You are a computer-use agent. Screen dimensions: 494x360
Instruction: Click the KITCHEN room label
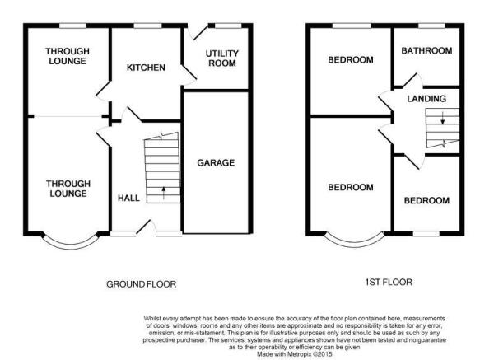146,68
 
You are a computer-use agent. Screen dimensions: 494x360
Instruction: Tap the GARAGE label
216,162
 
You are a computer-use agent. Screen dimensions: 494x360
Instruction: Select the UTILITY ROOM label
222,58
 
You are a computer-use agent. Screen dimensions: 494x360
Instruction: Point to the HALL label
128,198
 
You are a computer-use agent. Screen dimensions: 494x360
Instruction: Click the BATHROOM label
426,50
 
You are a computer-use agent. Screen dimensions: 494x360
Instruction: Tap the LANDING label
426,99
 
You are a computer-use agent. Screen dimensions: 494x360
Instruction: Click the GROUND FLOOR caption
141,284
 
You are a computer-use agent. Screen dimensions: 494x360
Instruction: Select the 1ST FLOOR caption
389,282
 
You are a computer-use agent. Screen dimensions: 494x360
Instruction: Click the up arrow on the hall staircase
164,193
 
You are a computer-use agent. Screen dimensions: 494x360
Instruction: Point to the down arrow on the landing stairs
443,118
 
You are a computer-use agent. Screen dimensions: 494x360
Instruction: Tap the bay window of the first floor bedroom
354,242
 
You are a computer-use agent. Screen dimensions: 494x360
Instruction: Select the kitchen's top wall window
147,26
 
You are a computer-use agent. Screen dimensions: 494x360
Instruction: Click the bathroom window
431,26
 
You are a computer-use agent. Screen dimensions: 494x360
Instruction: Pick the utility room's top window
228,26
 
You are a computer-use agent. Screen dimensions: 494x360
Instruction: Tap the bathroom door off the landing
412,81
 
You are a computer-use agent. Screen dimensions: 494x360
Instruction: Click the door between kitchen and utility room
189,75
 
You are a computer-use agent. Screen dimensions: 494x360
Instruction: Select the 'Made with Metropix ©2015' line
294,354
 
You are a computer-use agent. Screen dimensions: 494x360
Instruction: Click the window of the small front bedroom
426,234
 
